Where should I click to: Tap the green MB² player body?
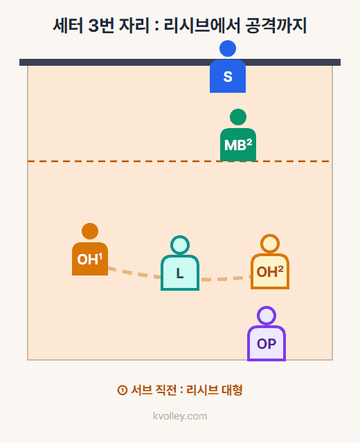click(x=238, y=145)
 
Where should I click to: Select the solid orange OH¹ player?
click(x=90, y=249)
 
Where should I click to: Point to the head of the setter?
click(x=228, y=48)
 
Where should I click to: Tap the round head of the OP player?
click(x=267, y=316)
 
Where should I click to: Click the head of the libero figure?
click(x=180, y=245)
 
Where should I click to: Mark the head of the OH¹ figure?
click(x=90, y=231)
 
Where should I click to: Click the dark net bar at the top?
click(x=180, y=62)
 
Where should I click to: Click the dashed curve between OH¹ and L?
click(x=134, y=273)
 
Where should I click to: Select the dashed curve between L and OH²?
click(x=225, y=280)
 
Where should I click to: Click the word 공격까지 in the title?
click(x=276, y=26)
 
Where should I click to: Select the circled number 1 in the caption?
click(x=122, y=390)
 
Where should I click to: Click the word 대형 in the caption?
click(x=232, y=390)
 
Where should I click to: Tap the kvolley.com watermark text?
click(x=180, y=416)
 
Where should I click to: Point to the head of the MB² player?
click(x=238, y=117)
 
